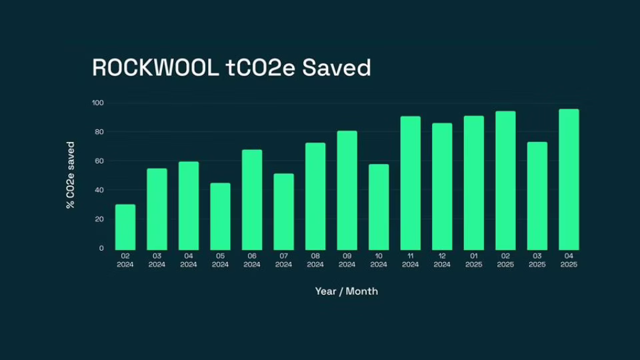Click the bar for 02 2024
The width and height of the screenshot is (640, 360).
(x=125, y=227)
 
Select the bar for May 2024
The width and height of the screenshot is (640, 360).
(x=220, y=217)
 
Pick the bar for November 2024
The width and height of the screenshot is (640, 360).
(x=410, y=183)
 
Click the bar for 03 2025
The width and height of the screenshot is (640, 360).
(x=537, y=196)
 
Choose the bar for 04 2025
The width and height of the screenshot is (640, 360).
(x=569, y=180)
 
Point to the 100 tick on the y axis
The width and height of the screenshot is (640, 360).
(x=98, y=103)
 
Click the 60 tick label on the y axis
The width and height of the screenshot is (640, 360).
(x=99, y=161)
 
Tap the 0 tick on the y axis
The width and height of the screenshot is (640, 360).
(x=101, y=248)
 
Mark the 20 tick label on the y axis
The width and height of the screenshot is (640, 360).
(x=99, y=219)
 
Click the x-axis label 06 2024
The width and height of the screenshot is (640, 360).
(x=252, y=260)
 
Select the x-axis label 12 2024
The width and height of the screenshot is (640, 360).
(x=442, y=260)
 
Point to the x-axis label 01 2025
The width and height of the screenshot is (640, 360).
(x=473, y=260)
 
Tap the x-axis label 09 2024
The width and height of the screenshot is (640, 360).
(x=347, y=260)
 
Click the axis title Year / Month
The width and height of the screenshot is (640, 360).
(x=346, y=291)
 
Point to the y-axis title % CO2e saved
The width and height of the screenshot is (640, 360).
(x=71, y=175)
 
